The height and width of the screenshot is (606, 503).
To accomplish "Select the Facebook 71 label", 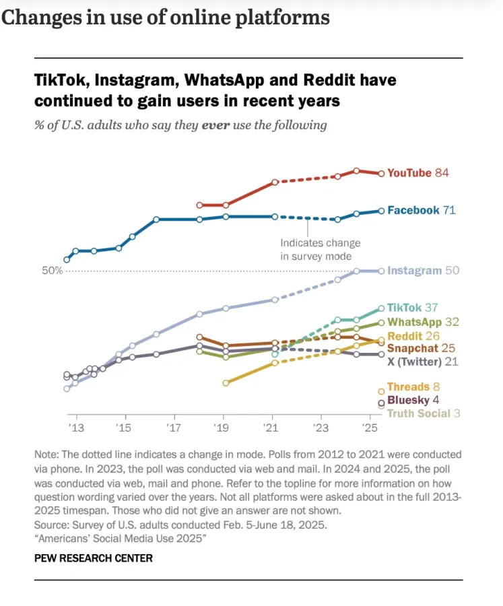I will [x=422, y=210].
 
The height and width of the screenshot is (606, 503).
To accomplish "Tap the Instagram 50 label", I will [x=423, y=271].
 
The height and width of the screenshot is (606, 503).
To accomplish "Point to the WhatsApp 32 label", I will [x=423, y=323].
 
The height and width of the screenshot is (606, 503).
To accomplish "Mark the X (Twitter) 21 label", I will [x=423, y=362].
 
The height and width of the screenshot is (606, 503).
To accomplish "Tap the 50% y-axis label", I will [x=53, y=271].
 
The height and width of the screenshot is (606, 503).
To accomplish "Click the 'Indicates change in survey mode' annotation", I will [x=320, y=249].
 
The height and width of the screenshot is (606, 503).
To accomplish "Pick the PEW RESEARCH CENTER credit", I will [x=94, y=558].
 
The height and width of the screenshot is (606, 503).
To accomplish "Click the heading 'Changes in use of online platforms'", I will [x=166, y=18].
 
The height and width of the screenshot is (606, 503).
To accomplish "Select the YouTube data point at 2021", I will [x=275, y=182].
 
